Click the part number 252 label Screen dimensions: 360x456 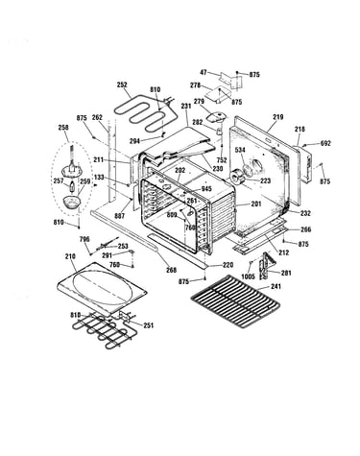coord(122,84)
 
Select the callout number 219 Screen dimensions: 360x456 coord(278,117)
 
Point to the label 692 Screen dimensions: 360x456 coord(325,143)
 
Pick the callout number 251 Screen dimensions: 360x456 coord(149,325)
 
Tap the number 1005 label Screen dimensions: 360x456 coord(248,276)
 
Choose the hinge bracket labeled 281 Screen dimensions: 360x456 coord(267,266)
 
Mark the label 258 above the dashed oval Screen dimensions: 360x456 coord(63,128)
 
